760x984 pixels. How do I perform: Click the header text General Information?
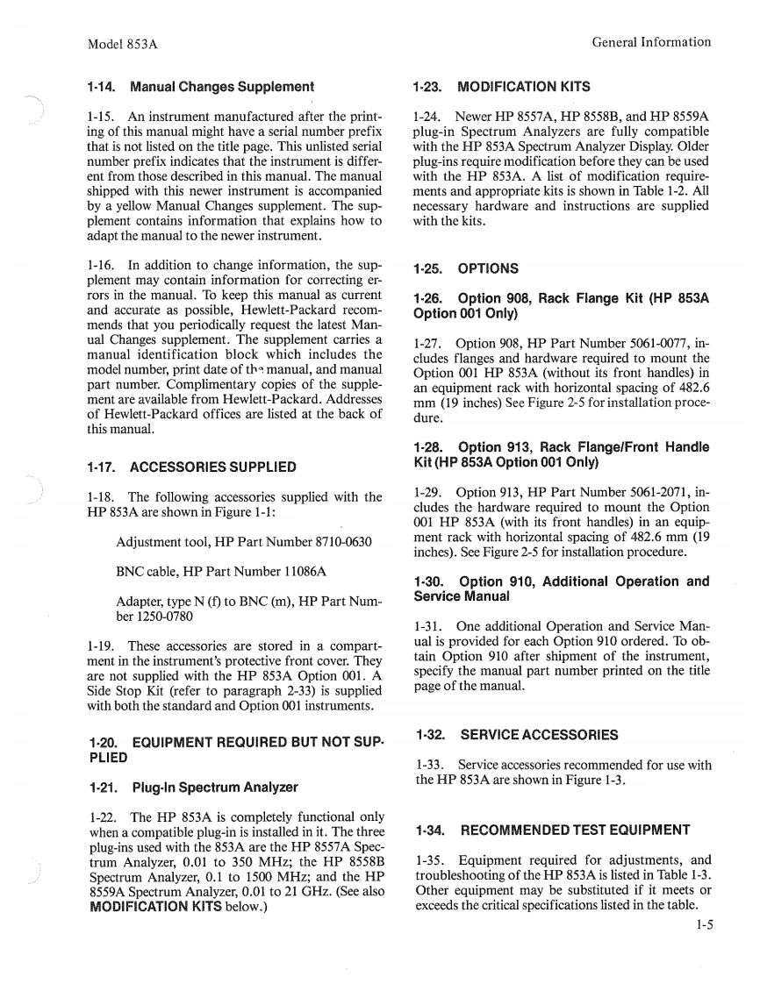point(651,42)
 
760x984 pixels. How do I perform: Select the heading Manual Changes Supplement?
point(199,87)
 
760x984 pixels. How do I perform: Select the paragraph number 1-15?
point(102,117)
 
